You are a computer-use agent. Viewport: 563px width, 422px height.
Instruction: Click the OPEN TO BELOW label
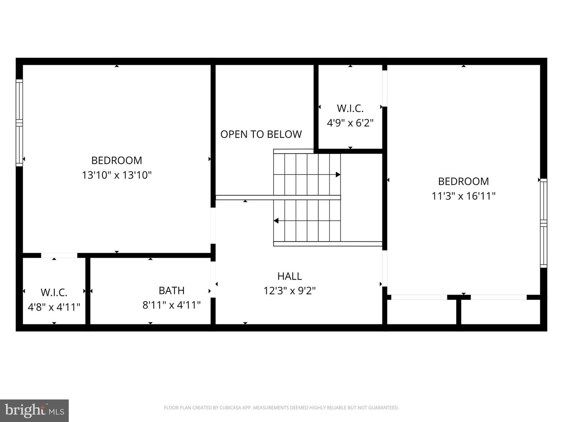click(261, 134)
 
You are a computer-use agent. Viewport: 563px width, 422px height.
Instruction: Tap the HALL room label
click(290, 276)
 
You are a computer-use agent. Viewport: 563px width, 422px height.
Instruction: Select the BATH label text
click(172, 291)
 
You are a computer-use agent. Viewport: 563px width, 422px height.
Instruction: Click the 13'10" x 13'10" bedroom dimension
click(117, 175)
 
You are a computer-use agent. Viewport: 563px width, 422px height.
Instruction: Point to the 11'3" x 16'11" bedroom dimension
click(463, 196)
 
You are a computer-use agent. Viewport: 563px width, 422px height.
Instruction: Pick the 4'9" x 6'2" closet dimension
click(350, 123)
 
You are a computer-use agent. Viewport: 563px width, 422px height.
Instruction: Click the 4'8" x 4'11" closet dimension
click(54, 307)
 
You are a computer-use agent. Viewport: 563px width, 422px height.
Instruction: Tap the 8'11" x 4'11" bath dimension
click(172, 305)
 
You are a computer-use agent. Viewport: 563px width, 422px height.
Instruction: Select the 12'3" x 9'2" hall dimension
click(290, 291)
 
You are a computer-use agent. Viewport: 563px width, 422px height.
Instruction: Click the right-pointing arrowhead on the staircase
click(338, 175)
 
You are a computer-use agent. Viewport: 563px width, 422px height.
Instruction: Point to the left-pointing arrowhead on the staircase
click(276, 221)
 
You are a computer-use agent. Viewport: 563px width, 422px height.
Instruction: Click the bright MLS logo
click(34, 410)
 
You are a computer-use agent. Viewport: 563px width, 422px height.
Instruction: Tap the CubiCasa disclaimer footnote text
click(281, 408)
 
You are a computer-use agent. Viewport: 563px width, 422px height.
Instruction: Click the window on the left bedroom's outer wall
click(19, 123)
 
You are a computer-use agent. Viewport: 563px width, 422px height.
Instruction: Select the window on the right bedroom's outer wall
click(543, 223)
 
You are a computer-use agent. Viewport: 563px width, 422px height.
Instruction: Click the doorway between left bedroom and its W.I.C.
click(59, 256)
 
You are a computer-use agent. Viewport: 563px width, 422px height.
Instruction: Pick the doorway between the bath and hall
click(213, 279)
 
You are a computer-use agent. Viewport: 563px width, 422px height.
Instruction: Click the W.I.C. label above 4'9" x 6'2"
click(350, 108)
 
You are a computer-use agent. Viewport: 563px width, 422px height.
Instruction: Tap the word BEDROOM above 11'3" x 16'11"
click(463, 181)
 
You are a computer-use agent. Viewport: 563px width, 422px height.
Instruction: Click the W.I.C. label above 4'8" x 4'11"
click(54, 292)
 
